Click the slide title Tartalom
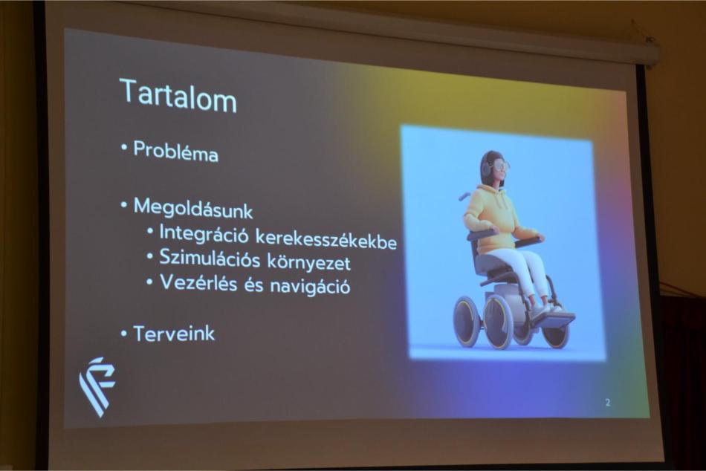click(x=178, y=96)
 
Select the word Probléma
click(x=175, y=152)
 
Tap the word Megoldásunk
click(x=193, y=208)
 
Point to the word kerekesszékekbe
click(x=326, y=238)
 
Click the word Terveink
click(x=174, y=334)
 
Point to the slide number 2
click(x=608, y=402)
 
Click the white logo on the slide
click(x=97, y=386)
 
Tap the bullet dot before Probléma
click(x=124, y=147)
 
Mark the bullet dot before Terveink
click(x=124, y=334)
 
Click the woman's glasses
click(x=501, y=166)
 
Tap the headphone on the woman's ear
click(x=487, y=169)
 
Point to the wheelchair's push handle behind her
click(x=464, y=196)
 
